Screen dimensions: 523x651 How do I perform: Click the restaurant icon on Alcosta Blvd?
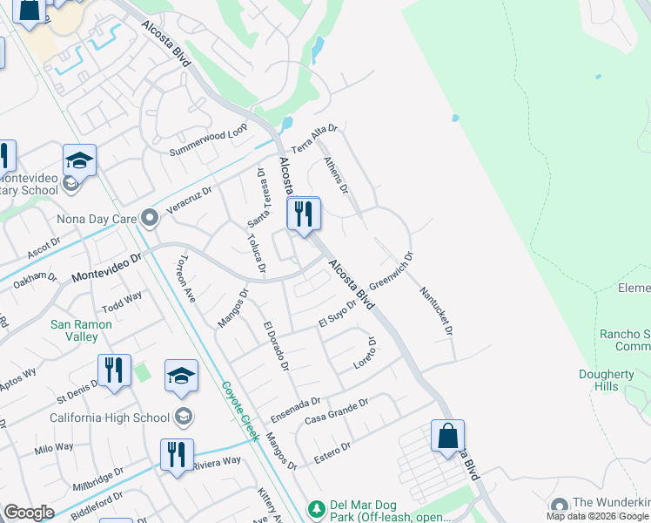(x=304, y=214)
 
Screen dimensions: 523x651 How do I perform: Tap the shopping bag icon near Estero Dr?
(x=447, y=436)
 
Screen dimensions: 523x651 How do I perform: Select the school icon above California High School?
(x=181, y=376)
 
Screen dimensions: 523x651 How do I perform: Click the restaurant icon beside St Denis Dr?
(x=114, y=370)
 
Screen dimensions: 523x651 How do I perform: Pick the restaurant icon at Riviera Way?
(x=176, y=455)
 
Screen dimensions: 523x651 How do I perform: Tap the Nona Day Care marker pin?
(x=150, y=217)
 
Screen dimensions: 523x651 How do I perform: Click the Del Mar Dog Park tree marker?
(x=318, y=507)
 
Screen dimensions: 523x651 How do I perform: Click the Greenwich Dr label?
(x=392, y=272)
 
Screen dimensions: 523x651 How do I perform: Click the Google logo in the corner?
(x=29, y=513)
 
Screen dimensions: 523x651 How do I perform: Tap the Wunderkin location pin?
(x=559, y=506)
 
